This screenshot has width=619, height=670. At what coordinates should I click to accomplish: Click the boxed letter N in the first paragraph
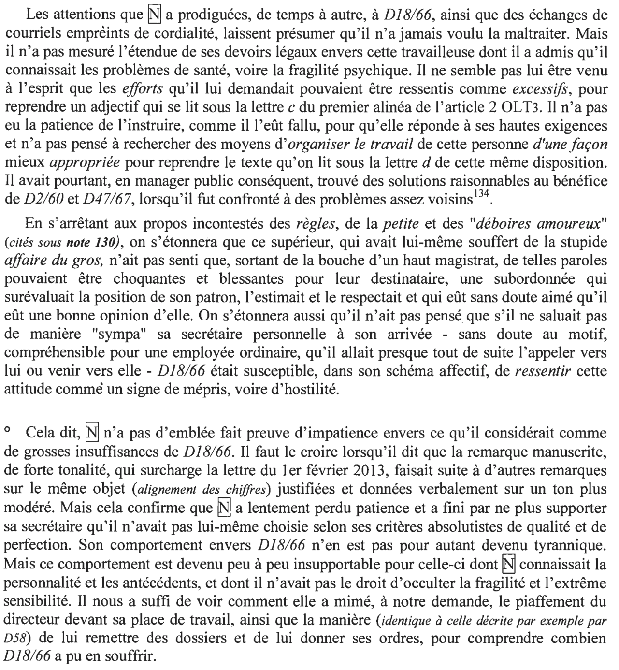tap(153, 15)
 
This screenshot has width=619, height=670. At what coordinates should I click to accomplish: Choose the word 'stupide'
tap(585, 242)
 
